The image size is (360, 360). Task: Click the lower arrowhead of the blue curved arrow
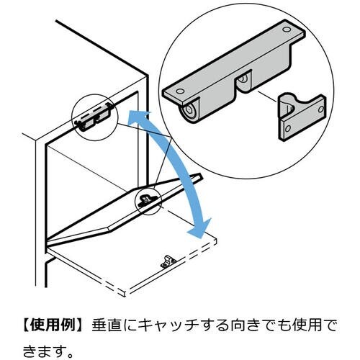point(200,229)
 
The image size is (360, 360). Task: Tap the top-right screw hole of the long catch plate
point(286,30)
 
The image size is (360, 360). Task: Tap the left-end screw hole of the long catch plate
point(180,91)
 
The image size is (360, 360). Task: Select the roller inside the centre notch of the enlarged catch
point(244,78)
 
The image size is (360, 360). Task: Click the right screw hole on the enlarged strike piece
point(321,109)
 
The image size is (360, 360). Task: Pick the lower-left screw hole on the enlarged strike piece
point(287,129)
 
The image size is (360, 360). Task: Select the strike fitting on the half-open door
point(145,199)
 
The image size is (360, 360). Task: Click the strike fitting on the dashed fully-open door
point(167,261)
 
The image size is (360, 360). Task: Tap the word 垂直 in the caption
point(107,325)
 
